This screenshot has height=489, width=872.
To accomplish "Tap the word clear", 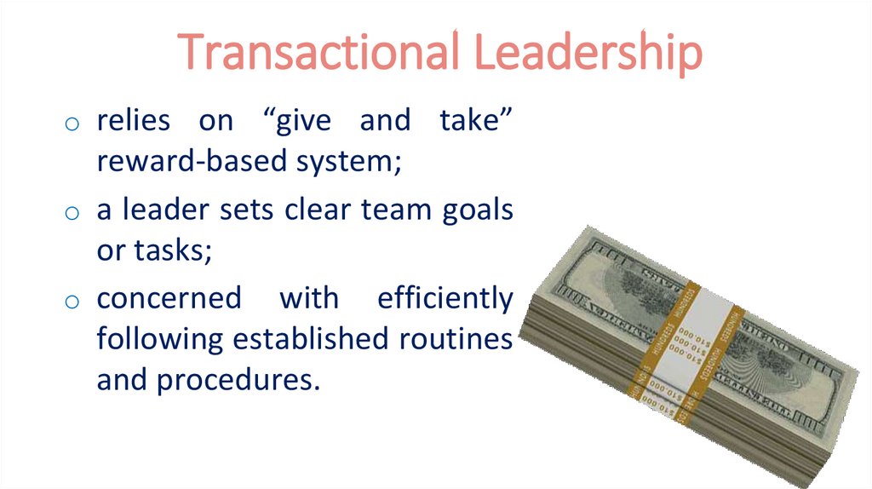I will point(327,210).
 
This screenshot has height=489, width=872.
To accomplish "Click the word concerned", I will point(169,299).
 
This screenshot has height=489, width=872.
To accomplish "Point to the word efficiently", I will point(445,299).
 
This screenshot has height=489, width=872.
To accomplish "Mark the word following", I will point(160,340).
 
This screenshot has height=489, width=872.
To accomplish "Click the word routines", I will point(456,338).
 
